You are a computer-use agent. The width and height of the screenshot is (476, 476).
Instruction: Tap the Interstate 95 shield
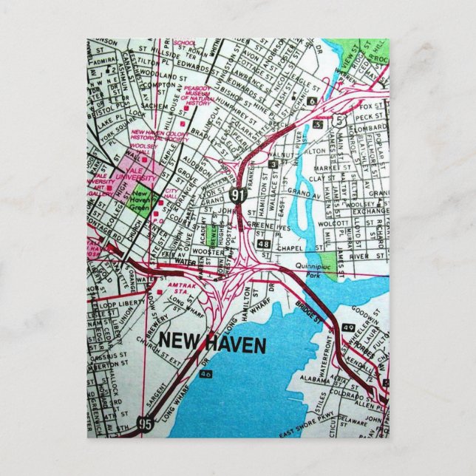pos(146,423)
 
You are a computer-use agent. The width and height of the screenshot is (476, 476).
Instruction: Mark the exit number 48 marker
pos(263,242)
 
